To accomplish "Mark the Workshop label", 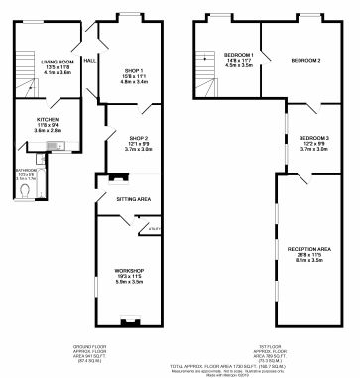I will [x=130, y=270].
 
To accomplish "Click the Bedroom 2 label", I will [x=305, y=61].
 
